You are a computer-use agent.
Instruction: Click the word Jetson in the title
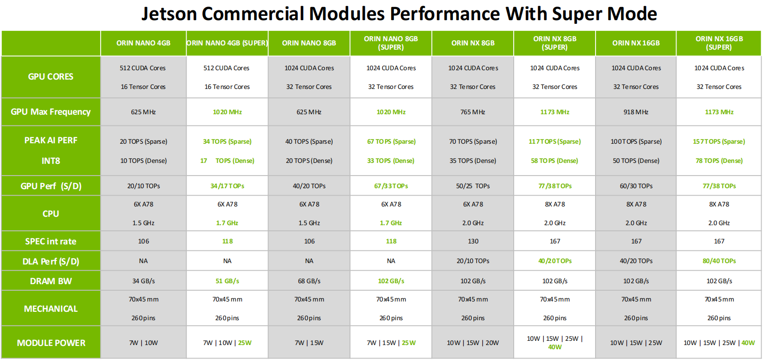click(x=169, y=14)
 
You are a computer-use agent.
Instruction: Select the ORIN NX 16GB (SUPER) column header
click(x=719, y=43)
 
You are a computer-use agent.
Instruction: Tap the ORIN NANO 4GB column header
click(x=143, y=43)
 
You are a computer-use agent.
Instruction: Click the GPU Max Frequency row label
click(x=51, y=112)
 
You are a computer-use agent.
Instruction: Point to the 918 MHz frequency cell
click(x=636, y=112)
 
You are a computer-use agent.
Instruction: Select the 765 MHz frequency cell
click(x=473, y=112)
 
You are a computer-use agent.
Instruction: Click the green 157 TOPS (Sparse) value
click(x=719, y=141)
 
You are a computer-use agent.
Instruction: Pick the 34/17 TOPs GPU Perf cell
click(x=227, y=186)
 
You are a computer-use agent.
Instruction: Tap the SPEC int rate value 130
click(x=473, y=242)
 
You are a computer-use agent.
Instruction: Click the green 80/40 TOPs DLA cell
click(x=719, y=261)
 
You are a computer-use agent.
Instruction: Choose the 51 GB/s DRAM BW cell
click(x=227, y=281)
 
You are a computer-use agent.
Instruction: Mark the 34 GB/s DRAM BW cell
click(x=143, y=281)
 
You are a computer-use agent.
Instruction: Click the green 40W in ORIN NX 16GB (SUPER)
click(x=748, y=343)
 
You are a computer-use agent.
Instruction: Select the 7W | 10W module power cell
click(x=143, y=343)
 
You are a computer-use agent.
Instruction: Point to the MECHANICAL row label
click(x=51, y=309)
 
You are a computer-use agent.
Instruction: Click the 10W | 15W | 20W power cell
click(x=473, y=343)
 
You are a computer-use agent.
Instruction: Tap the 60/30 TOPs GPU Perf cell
click(x=636, y=186)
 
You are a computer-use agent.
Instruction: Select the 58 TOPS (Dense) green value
click(x=554, y=161)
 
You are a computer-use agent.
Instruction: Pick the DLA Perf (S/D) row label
click(x=51, y=262)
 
